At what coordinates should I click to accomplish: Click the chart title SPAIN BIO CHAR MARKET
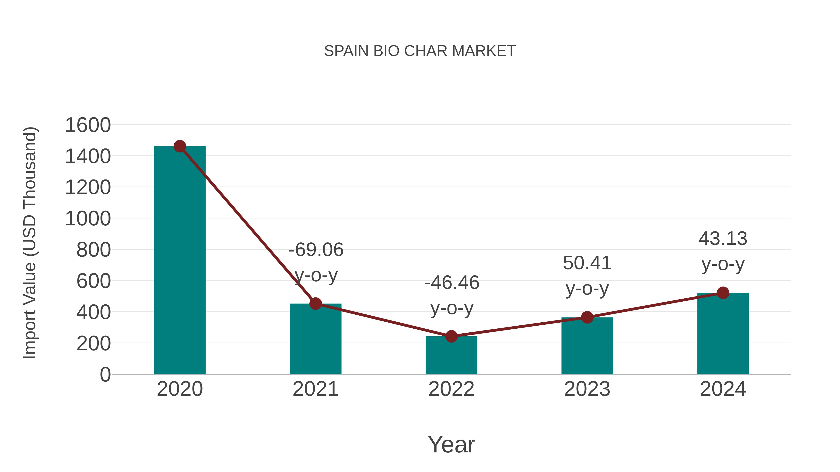[x=420, y=51]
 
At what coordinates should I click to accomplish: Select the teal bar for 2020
[x=180, y=261]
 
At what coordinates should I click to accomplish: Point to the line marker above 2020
[x=180, y=146]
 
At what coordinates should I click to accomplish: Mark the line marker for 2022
[x=451, y=336]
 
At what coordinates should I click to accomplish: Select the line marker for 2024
[x=723, y=293]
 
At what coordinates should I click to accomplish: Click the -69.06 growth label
[x=316, y=250]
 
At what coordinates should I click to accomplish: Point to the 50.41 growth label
[x=587, y=263]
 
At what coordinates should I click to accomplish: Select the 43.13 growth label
[x=723, y=238]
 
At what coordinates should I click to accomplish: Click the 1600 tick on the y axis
[x=88, y=125]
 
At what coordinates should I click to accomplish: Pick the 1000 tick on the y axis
[x=88, y=219]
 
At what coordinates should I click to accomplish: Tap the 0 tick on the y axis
[x=105, y=374]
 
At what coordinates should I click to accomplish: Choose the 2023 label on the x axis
[x=587, y=389]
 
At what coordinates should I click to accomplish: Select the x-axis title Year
[x=451, y=444]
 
